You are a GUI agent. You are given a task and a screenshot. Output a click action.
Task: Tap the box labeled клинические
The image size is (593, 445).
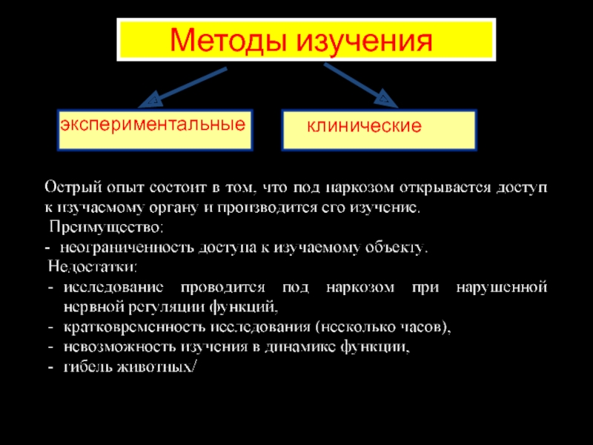tap(379, 128)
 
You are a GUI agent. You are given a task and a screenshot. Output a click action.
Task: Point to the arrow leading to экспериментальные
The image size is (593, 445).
tap(186, 87)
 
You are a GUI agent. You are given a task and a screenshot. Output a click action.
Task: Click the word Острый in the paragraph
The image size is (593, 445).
tap(70, 187)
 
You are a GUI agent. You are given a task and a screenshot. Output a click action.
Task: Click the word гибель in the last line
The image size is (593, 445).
tap(85, 366)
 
